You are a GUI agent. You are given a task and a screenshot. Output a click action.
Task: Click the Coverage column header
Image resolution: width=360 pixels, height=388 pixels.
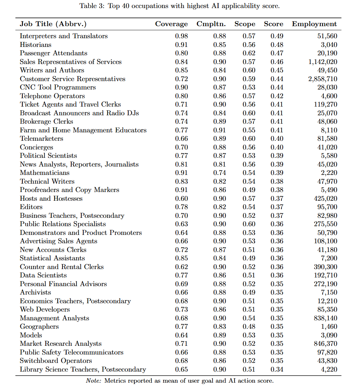(x=171, y=24)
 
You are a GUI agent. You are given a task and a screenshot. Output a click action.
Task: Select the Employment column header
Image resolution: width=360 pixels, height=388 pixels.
(x=314, y=24)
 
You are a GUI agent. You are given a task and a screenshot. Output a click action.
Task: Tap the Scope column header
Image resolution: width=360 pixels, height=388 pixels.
(x=245, y=24)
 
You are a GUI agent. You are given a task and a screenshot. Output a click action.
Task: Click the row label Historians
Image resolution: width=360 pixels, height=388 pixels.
(x=36, y=45)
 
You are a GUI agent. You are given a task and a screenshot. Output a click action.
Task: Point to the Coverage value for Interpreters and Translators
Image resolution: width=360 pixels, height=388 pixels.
(x=181, y=36)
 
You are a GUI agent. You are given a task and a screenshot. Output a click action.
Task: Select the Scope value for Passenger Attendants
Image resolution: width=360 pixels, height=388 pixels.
(x=249, y=53)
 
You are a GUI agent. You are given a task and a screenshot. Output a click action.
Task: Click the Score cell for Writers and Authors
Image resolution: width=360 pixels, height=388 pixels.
(x=277, y=70)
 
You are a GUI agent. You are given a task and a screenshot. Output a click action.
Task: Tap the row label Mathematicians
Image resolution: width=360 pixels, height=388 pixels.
(x=45, y=173)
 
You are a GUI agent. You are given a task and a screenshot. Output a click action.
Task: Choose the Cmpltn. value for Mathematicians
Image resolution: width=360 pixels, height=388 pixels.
(x=220, y=173)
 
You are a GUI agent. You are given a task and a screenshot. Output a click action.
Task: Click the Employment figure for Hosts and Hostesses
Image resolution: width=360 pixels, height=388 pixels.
(x=325, y=198)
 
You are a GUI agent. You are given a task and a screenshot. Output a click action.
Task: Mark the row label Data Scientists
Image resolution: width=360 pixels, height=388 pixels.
(x=43, y=275)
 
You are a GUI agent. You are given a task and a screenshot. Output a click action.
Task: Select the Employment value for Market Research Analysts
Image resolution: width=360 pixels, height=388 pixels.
(x=325, y=343)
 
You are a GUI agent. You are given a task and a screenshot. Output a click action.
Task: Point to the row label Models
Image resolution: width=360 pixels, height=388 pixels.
(x=31, y=335)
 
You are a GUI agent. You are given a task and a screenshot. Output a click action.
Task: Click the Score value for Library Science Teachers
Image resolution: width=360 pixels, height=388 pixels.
(x=277, y=369)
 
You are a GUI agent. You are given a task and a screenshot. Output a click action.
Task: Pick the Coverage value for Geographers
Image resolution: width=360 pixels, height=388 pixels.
(x=181, y=326)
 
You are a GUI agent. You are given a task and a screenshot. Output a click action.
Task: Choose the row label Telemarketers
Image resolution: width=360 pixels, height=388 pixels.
(x=42, y=138)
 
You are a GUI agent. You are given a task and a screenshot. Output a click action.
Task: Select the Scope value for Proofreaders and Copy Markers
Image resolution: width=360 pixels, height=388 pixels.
(x=249, y=190)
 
